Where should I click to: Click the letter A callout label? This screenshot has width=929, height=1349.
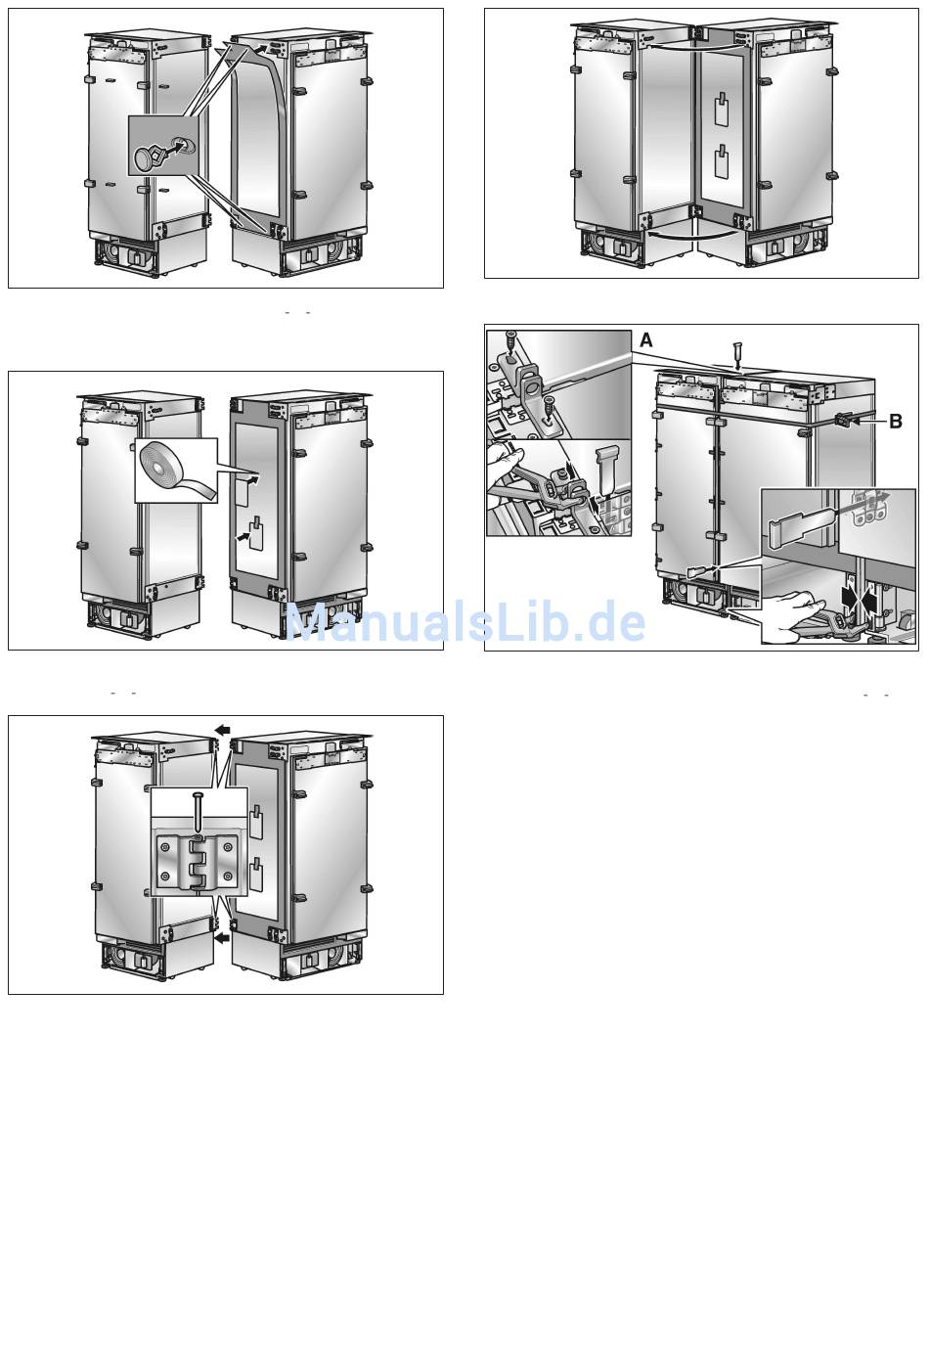(x=645, y=340)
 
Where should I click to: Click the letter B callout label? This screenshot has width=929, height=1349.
(x=896, y=422)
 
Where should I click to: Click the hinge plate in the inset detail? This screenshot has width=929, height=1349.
(x=197, y=859)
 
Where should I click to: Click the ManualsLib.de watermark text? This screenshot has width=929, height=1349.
(x=465, y=622)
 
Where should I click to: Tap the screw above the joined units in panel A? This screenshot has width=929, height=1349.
(x=737, y=352)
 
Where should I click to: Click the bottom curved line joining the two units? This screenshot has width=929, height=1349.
(x=694, y=235)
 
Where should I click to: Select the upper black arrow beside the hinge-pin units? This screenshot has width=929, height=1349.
(x=222, y=730)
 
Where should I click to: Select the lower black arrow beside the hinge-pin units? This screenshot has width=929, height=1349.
(x=222, y=937)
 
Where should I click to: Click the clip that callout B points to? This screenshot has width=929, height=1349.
(x=843, y=420)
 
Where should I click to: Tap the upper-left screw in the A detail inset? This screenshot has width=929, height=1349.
(x=510, y=341)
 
